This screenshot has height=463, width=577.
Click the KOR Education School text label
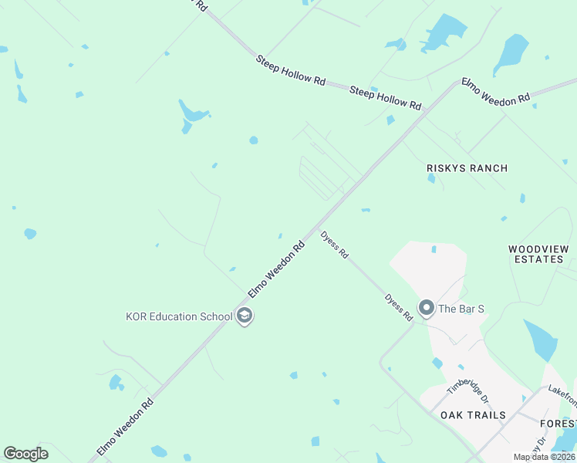[179, 316]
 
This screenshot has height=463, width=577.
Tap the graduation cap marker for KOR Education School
[245, 316]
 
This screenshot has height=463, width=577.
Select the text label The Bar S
[461, 309]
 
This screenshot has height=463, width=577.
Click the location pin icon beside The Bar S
[426, 309]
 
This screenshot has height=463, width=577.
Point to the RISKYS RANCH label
[467, 168]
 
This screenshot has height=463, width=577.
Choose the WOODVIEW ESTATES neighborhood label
[538, 254]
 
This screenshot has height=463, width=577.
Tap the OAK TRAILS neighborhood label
[473, 415]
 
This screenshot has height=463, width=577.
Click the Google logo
[25, 454]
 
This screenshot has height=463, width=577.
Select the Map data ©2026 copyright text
[543, 457]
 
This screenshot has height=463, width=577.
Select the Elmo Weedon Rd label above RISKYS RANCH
[496, 90]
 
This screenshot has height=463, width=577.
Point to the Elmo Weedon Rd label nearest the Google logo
[125, 426]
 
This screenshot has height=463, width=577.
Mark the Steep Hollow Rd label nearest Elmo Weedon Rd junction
[386, 98]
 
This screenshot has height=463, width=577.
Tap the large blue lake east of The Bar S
[540, 340]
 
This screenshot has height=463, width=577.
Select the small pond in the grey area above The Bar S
[434, 249]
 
